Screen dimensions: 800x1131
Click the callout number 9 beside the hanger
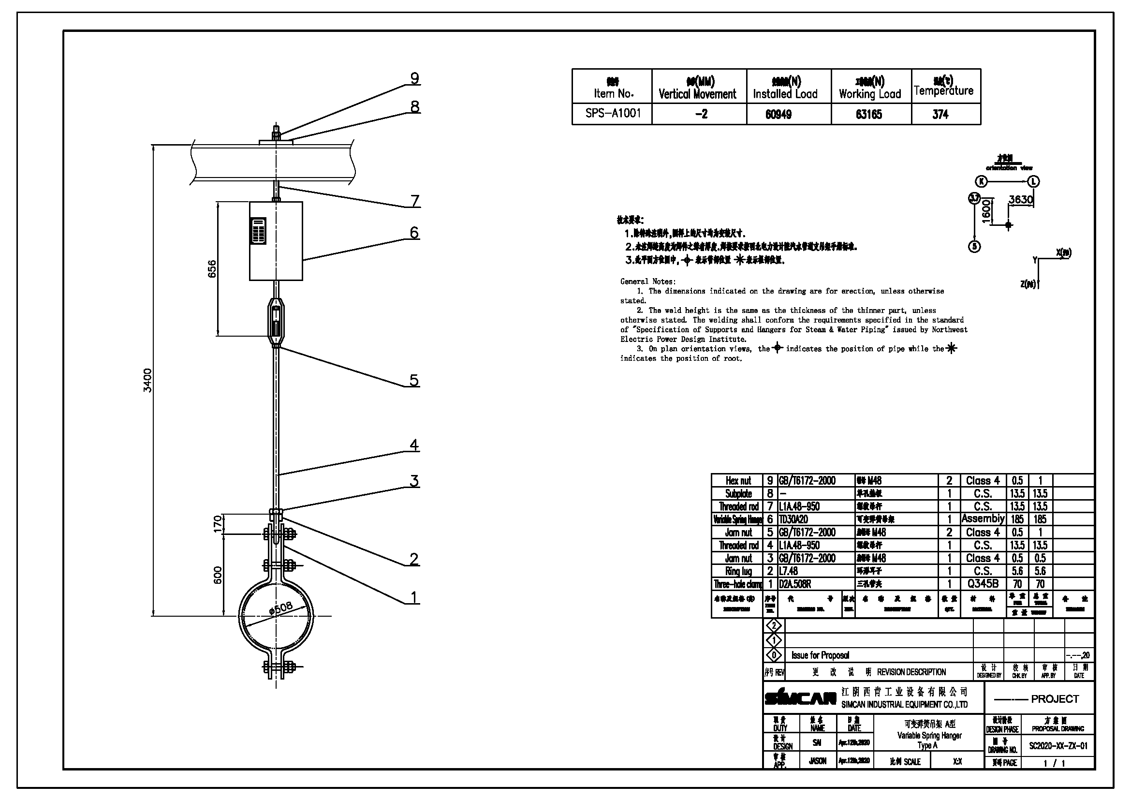click(415, 78)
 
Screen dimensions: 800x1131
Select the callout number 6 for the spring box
click(414, 233)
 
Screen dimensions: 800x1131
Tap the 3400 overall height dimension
click(147, 380)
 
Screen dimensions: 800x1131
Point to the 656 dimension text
click(212, 269)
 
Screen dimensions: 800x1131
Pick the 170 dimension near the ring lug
click(218, 524)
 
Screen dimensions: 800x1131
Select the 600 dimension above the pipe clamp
click(218, 576)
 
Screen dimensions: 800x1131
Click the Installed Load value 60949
click(778, 114)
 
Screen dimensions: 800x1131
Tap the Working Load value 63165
click(869, 114)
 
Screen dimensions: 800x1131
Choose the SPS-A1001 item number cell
click(613, 113)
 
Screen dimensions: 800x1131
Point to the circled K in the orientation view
click(982, 181)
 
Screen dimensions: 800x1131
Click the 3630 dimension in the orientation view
click(1021, 199)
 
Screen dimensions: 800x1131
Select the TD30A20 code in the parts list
click(793, 519)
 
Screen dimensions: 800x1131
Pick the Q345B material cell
click(982, 584)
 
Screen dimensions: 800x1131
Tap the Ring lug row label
click(738, 571)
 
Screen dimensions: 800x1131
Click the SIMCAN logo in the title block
click(800, 697)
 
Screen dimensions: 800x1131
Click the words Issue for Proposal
click(820, 655)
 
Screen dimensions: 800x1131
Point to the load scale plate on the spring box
click(258, 231)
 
